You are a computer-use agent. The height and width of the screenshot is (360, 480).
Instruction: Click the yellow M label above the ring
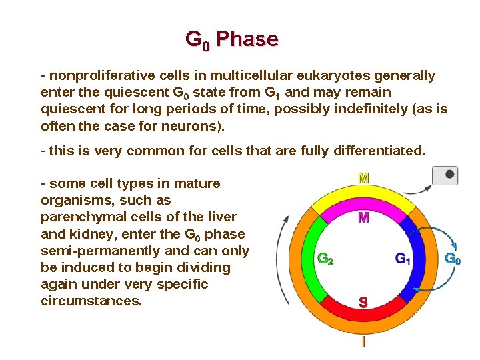tap(363, 179)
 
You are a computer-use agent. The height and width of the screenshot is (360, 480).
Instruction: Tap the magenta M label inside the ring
tap(363, 218)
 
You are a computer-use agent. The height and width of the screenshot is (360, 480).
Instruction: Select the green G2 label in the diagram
tap(325, 259)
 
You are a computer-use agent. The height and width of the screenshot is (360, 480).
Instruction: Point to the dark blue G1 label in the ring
tap(403, 259)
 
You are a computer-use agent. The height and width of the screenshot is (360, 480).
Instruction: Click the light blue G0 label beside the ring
tap(453, 259)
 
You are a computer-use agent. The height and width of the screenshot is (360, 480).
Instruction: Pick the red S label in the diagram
tap(363, 303)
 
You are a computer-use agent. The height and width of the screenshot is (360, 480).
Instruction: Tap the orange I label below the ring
tap(363, 343)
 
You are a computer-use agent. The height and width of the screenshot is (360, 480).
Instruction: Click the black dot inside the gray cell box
tap(450, 175)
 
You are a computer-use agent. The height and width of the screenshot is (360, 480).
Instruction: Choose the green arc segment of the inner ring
tap(313, 260)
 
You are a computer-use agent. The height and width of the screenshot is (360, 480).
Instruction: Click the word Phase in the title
tap(247, 39)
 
